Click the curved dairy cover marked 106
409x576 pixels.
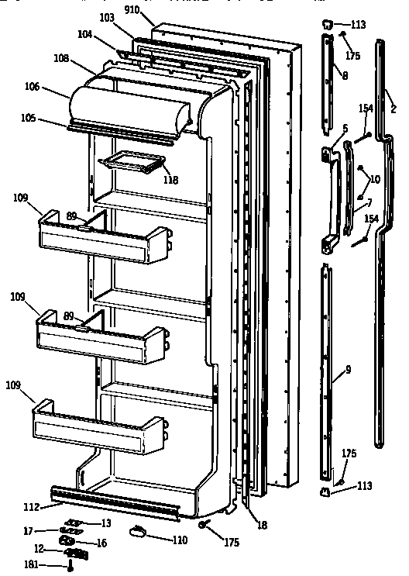(x=128, y=109)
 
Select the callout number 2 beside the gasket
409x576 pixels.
(x=393, y=110)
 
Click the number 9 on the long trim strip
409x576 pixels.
(x=348, y=370)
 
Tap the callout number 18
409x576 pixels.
(x=263, y=526)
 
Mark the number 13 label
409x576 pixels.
(x=106, y=523)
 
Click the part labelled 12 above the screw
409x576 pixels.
(x=76, y=553)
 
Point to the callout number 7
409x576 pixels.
(x=369, y=203)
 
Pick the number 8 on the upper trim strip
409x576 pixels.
(x=344, y=75)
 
